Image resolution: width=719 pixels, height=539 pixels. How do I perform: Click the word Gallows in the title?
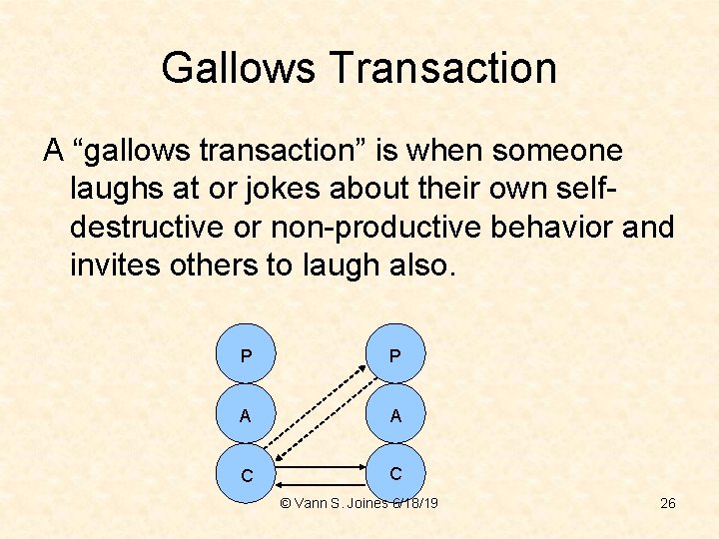point(236,68)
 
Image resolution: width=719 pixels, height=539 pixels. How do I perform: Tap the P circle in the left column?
point(246,356)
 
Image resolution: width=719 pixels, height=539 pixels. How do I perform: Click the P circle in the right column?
point(395,356)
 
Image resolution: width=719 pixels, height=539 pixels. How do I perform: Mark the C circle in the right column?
point(395,473)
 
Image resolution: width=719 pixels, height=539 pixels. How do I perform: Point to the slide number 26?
point(668,503)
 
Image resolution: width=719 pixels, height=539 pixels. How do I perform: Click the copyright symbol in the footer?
point(285,503)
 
